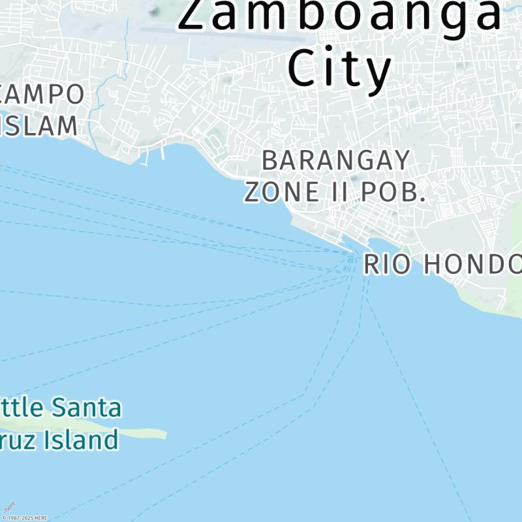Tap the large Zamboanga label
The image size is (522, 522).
click(339, 14)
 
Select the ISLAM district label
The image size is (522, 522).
click(39, 125)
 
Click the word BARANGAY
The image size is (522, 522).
click(336, 160)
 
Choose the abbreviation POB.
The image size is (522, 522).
click(394, 191)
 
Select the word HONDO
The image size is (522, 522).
click(472, 264)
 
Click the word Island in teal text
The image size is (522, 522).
click(81, 440)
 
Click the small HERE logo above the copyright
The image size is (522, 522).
click(9, 507)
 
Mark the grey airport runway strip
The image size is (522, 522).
click(196, 29)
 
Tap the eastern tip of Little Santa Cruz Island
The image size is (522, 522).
click(164, 434)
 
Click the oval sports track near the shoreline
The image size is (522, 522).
click(211, 141)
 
